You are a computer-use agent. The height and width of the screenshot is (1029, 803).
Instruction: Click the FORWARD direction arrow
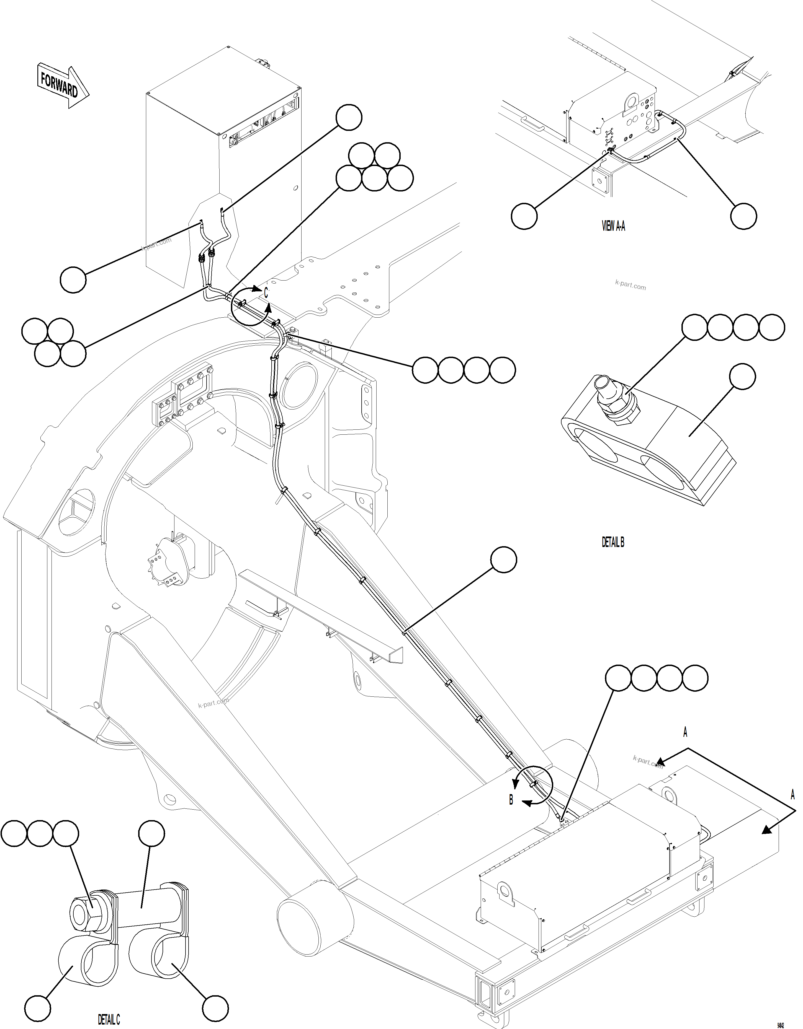62,86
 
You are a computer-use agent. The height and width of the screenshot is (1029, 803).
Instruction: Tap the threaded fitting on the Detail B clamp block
616,400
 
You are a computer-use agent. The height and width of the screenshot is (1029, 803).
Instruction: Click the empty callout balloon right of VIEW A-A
743,216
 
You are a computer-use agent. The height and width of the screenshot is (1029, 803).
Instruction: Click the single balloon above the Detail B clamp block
742,377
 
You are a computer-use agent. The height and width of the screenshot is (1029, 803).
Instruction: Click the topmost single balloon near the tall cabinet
349,118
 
